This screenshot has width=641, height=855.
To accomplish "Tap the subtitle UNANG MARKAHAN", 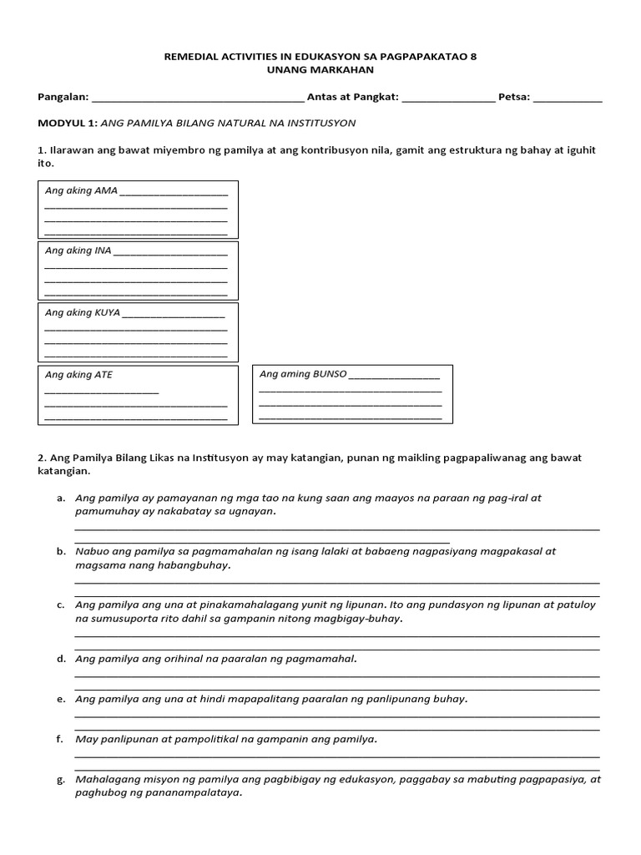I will point(320,70).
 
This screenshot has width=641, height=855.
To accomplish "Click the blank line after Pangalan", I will point(199,99).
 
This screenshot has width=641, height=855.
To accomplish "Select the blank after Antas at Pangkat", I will point(448,99).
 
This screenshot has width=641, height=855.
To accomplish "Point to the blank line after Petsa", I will point(568,99).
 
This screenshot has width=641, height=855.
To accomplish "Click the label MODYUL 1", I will point(67,123).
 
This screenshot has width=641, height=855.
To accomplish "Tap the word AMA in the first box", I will point(106,190).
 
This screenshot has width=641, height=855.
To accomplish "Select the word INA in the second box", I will point(103,250).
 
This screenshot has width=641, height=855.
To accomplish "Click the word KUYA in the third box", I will point(107,312).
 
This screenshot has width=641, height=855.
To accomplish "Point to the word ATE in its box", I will point(103,375).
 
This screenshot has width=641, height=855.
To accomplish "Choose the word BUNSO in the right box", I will point(329,374).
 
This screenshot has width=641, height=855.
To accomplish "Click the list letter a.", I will point(61,498).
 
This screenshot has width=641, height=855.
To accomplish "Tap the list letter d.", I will point(61,659).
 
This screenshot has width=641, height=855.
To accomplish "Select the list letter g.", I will point(61,779).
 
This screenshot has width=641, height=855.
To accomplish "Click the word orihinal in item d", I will point(169,659).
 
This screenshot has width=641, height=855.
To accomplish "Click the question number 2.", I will point(41,458).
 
